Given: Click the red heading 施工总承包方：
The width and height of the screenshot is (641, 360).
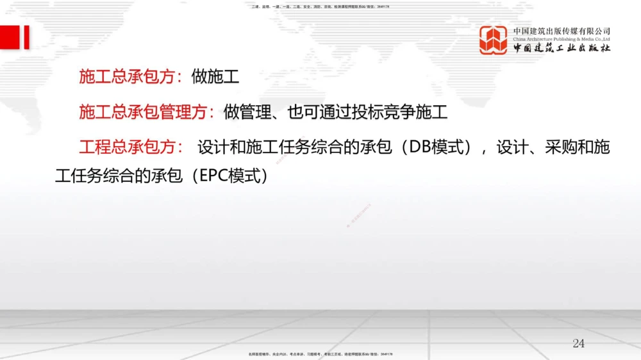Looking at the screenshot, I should point(131,78).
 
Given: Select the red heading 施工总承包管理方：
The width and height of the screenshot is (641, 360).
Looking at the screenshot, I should point(147,113).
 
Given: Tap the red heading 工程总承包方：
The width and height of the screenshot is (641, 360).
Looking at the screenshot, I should point(131,148).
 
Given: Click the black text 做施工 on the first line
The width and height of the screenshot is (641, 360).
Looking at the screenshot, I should point(215,78).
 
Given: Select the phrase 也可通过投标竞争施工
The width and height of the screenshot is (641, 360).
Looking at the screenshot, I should point(367,113).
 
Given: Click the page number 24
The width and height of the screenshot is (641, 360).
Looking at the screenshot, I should point(578,343).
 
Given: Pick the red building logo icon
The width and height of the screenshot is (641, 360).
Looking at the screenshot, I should point(493,40).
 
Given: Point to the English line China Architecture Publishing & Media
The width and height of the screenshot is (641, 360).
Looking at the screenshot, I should point(562,39).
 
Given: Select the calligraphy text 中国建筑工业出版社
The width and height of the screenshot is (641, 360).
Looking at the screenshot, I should point(562,49).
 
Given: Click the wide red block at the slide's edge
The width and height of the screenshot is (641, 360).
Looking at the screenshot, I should point(10,37).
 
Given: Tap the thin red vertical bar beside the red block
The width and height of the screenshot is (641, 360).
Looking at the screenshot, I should point(26,37).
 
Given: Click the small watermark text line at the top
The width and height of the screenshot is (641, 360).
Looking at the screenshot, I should point(320,6).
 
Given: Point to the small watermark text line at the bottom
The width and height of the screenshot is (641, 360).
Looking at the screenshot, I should point(320,354).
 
